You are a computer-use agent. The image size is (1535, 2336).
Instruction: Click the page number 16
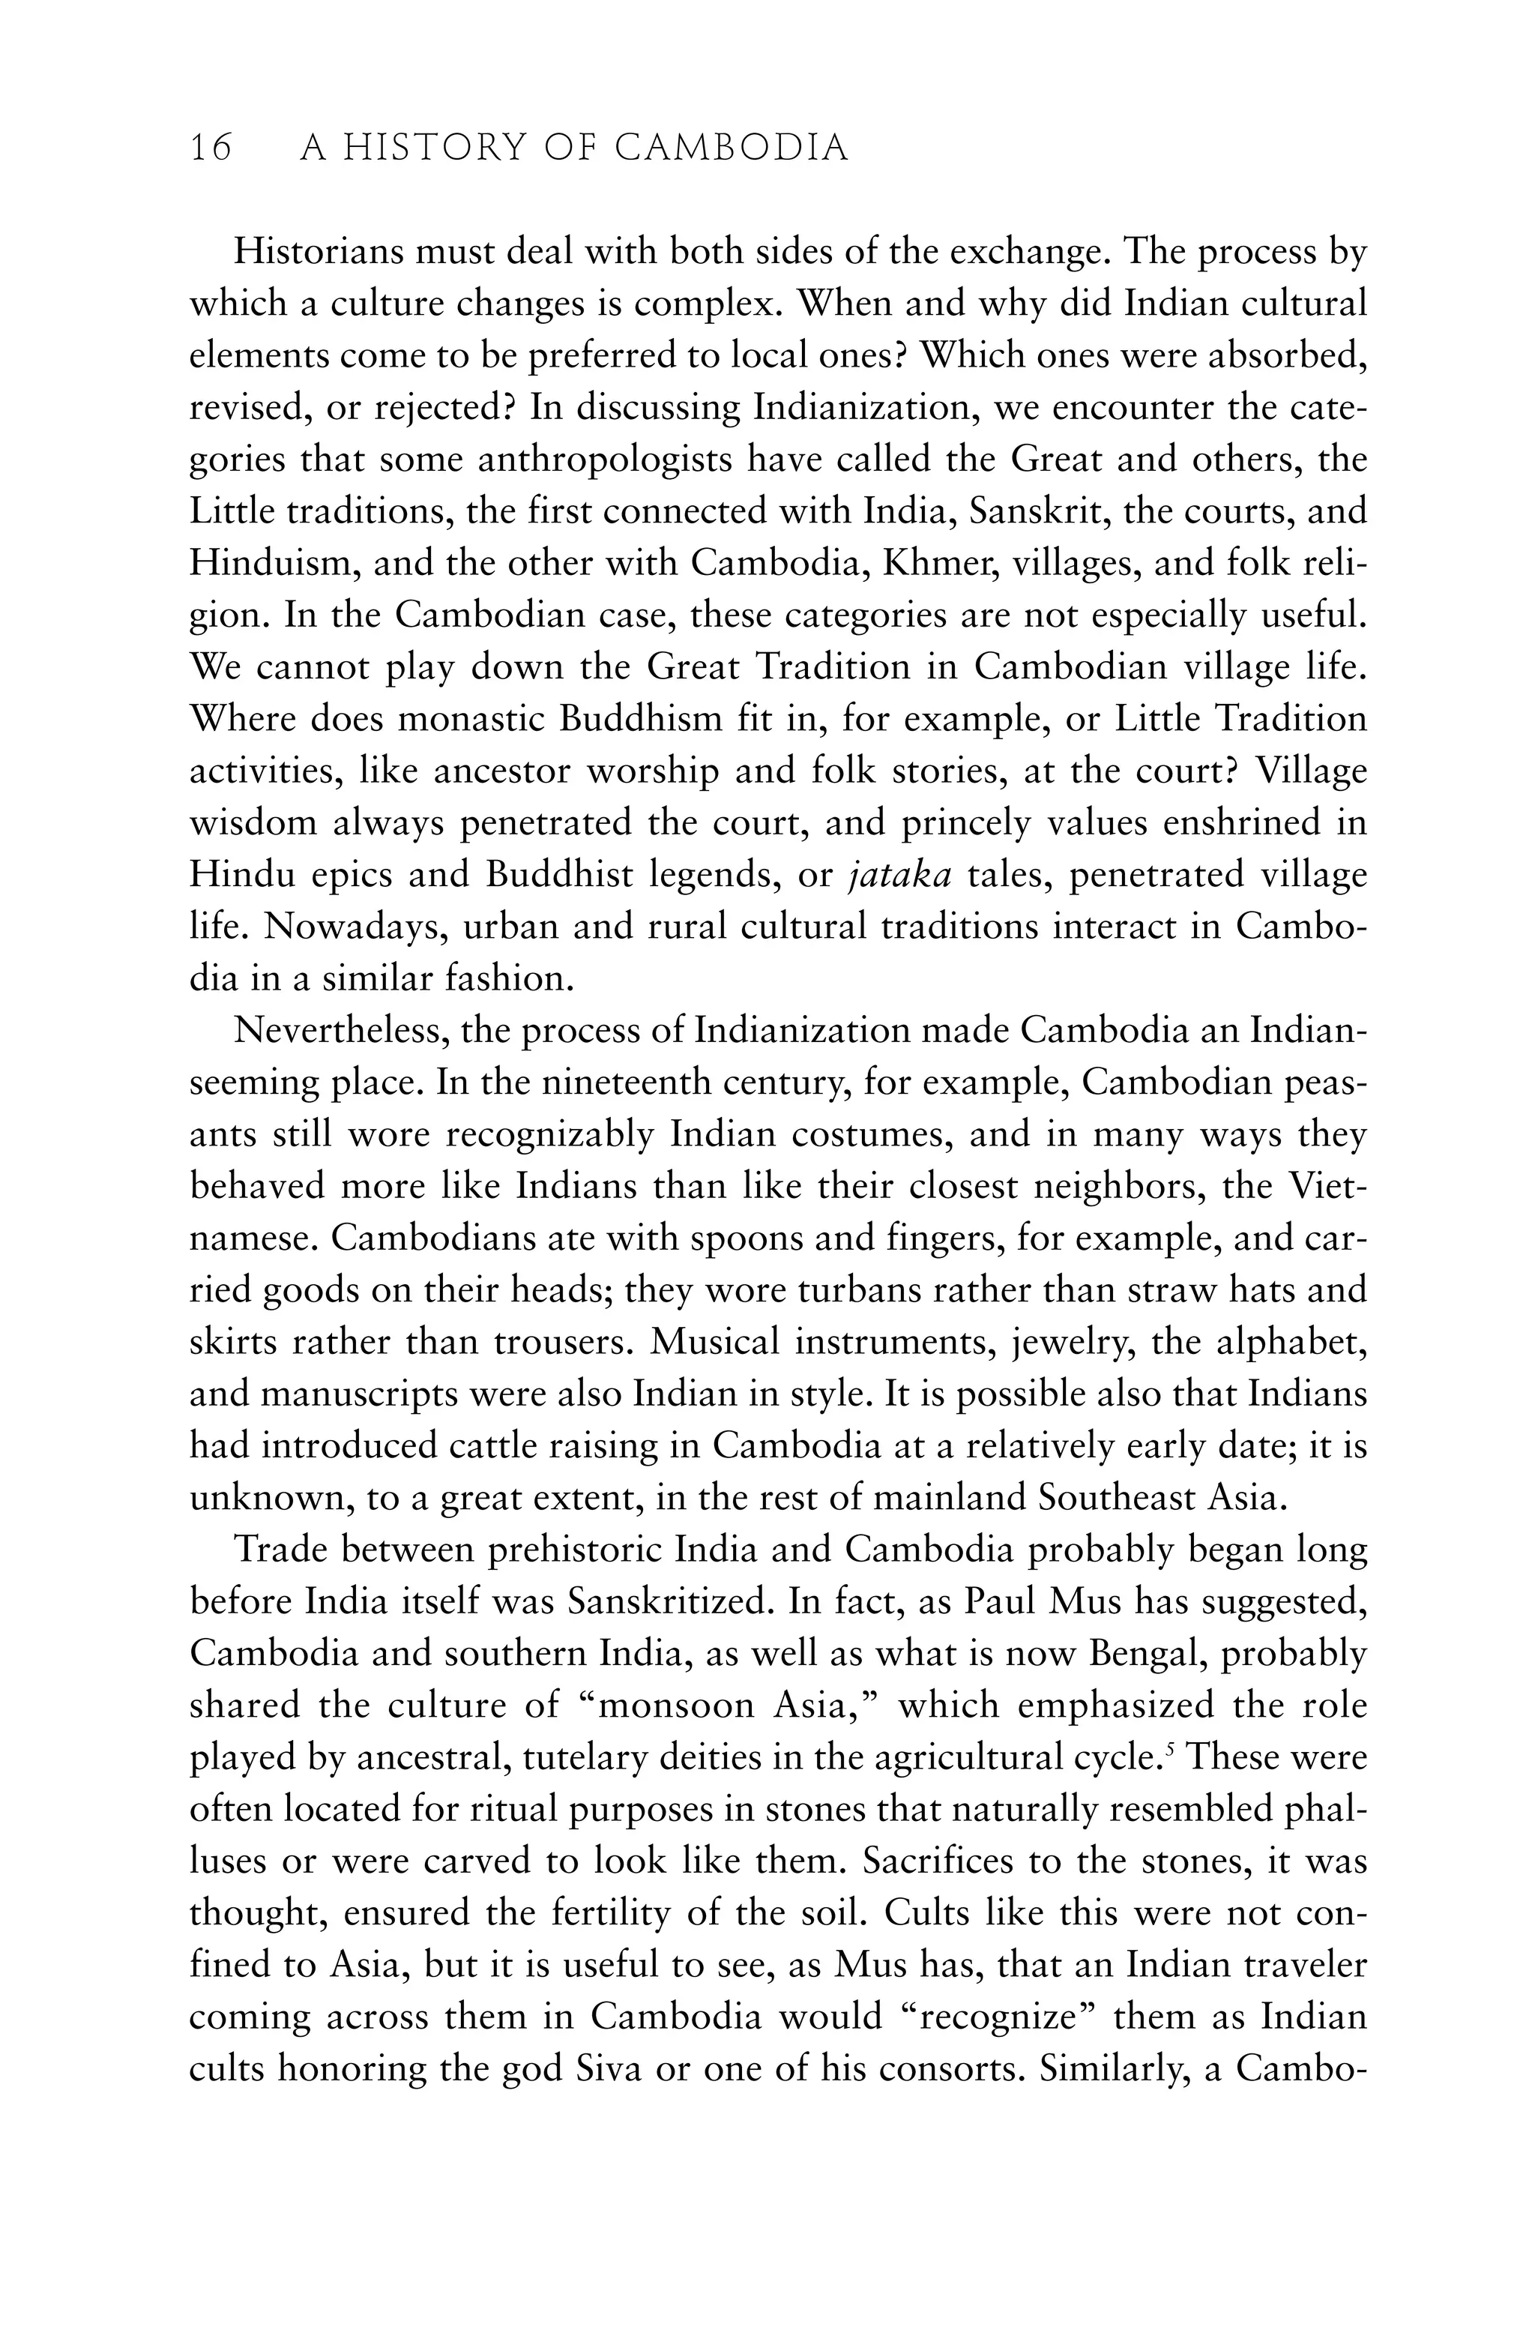(x=211, y=148)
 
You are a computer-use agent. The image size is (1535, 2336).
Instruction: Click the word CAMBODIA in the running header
(x=732, y=148)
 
